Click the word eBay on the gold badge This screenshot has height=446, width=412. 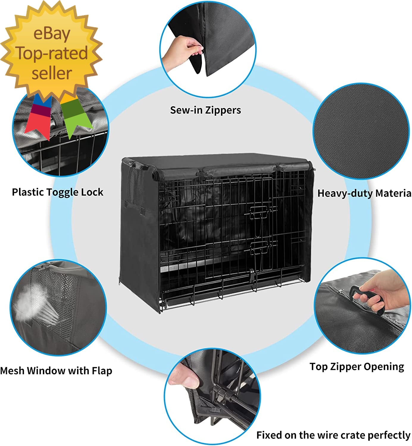(x=51, y=34)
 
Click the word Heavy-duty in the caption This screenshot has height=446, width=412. (x=345, y=193)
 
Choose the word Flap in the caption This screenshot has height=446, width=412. (x=102, y=371)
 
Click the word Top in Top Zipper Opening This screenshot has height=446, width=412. (x=317, y=367)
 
